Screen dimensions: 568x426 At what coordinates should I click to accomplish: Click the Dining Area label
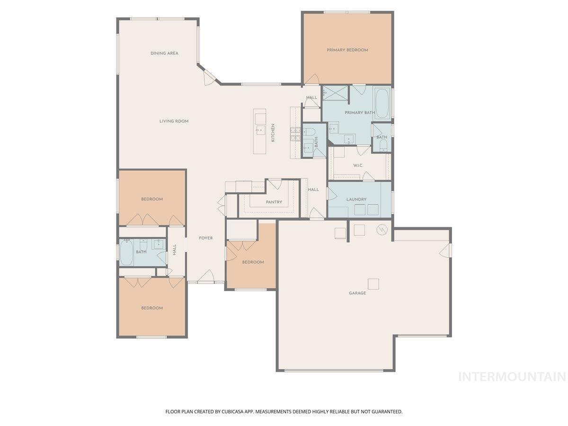pos(164,53)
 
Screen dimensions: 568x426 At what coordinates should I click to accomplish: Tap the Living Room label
pos(174,121)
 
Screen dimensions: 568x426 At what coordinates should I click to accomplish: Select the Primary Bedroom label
pos(347,50)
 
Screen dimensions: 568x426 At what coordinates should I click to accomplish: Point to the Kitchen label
pos(273,133)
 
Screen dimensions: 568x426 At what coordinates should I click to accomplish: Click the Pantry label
pos(274,202)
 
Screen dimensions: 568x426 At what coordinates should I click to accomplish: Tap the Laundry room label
pos(356,199)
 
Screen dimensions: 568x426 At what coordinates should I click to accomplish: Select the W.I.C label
pos(358,165)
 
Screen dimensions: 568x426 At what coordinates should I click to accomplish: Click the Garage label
pos(357,293)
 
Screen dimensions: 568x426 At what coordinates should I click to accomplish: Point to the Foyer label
pos(206,238)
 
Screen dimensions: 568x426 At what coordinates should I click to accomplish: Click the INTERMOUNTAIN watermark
pos(512,377)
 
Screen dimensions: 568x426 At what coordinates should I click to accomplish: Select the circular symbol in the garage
pos(382,230)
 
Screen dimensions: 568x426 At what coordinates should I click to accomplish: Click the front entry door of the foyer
pos(206,277)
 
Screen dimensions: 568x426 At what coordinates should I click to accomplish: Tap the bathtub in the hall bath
pos(126,252)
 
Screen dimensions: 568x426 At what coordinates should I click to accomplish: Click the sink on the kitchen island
pos(260,130)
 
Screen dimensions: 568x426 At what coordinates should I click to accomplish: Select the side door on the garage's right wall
pos(445,250)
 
